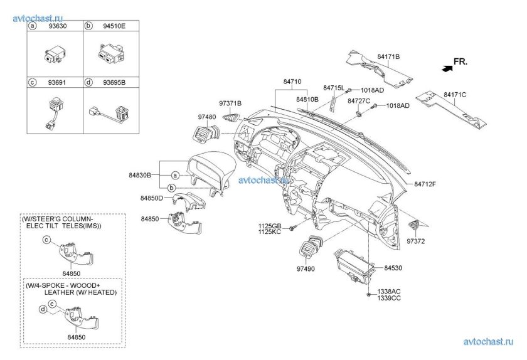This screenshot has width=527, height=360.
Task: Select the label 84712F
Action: click(x=425, y=184)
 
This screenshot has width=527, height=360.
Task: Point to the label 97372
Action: click(x=416, y=240)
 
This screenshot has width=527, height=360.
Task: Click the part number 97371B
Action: click(x=230, y=103)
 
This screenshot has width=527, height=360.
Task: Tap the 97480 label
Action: click(x=207, y=117)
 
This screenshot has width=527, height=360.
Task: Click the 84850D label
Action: click(x=151, y=198)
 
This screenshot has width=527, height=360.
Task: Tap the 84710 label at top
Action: click(x=292, y=82)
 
